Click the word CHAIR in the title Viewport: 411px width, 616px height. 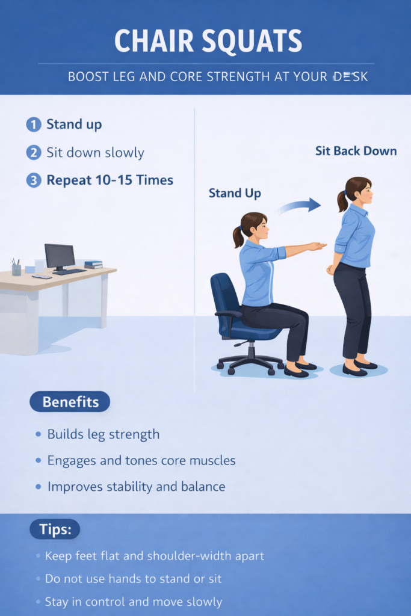[x=153, y=40]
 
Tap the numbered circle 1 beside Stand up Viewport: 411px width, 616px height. [x=34, y=125]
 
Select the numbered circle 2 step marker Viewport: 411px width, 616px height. [x=34, y=152]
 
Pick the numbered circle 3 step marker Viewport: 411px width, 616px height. [x=34, y=180]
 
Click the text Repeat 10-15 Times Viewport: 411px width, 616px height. [x=110, y=180]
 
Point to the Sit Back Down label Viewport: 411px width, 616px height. [x=356, y=151]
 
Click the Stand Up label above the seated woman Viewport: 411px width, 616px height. [x=235, y=193]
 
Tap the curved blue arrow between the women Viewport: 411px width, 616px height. [x=300, y=206]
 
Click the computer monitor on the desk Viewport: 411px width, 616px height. [x=60, y=257]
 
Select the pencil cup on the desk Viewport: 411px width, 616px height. [x=16, y=269]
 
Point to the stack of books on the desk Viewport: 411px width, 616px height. [x=93, y=265]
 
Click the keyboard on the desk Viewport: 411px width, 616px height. [x=69, y=272]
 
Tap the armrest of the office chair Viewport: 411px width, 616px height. [x=228, y=313]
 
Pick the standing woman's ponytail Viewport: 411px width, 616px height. [x=342, y=200]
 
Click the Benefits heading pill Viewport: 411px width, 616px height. [x=70, y=402]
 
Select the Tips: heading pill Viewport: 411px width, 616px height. [x=55, y=529]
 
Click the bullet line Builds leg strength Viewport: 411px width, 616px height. [x=104, y=434]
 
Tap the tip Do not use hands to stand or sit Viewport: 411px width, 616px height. [x=133, y=579]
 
